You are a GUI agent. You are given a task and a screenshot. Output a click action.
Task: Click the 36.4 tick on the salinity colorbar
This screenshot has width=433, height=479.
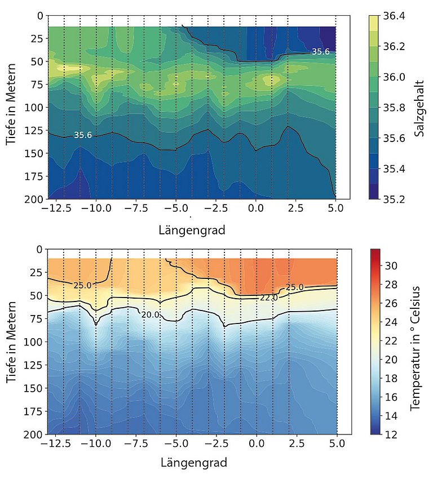tap(395, 16)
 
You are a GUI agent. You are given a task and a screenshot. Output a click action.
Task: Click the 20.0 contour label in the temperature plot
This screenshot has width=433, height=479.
tap(151, 314)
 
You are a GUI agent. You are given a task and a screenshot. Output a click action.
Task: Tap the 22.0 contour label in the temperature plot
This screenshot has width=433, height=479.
tap(268, 298)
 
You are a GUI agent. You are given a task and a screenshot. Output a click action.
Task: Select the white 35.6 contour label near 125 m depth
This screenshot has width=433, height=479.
tap(83, 135)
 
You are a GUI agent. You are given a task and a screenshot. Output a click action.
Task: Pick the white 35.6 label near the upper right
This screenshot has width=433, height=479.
tap(320, 52)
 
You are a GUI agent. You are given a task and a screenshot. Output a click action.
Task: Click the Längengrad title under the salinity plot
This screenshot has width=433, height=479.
tap(191, 230)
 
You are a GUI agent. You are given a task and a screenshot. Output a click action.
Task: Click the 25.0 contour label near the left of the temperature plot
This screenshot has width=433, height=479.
tap(82, 286)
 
